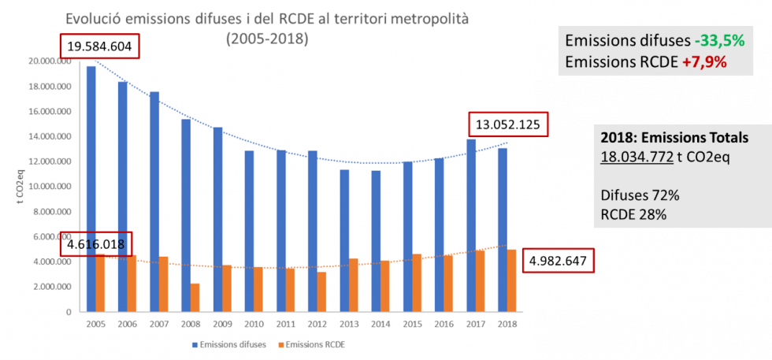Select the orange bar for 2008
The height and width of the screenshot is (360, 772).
coord(195,298)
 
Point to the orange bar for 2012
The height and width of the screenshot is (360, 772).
coord(322,291)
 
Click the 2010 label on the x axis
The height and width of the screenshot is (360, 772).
coord(254,323)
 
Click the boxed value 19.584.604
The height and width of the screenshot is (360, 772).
coord(99,47)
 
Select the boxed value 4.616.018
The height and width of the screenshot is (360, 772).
coord(96,244)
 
